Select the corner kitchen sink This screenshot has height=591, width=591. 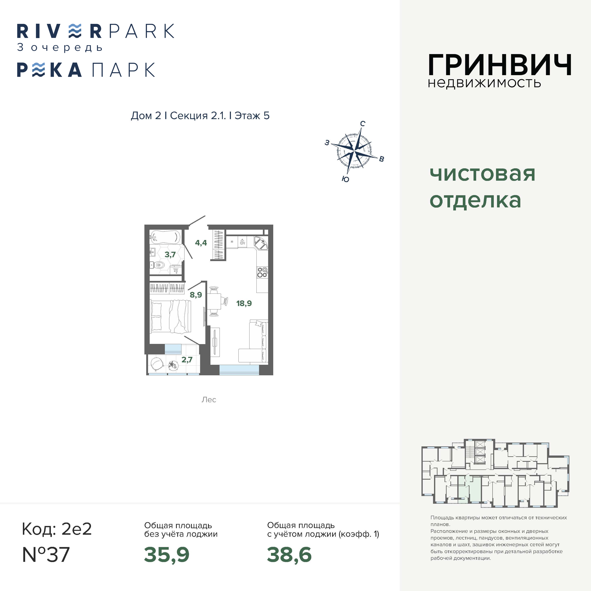pos(261,243)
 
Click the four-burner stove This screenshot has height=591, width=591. pos(262,272)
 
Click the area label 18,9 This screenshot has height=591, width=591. pos(244,303)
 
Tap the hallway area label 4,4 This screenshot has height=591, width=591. pos(201,243)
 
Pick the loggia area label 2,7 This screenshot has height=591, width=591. pos(187,360)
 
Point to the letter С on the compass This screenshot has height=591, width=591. pos(363,124)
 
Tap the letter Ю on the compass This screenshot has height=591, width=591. pos(345,179)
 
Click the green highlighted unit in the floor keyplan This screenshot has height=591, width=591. pos(469,489)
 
